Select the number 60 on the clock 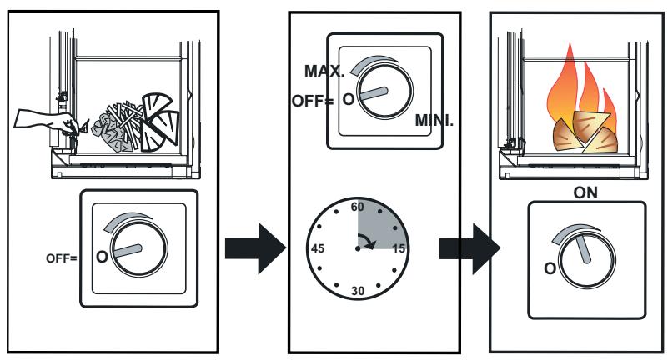tap(359, 205)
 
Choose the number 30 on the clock tap(359, 291)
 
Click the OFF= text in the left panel tap(60, 257)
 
